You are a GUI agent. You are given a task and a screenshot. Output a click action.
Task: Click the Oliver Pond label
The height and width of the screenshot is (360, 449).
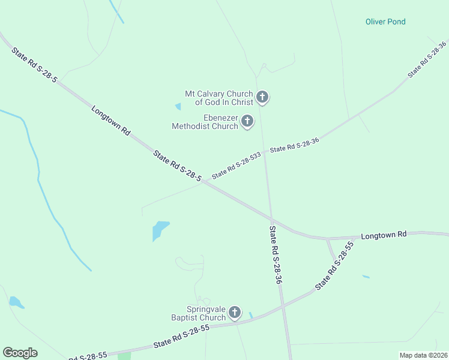pyautogui.click(x=385, y=22)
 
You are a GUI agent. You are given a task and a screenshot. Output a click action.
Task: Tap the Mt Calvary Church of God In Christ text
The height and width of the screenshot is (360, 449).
pyautogui.click(x=219, y=98)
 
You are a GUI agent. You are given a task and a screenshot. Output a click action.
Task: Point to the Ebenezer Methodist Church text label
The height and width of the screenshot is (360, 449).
pyautogui.click(x=205, y=122)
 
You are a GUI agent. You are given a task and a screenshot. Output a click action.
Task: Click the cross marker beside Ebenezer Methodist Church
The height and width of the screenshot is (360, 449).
pyautogui.click(x=247, y=121)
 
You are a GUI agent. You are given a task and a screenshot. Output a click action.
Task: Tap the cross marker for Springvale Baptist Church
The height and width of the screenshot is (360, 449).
pyautogui.click(x=235, y=312)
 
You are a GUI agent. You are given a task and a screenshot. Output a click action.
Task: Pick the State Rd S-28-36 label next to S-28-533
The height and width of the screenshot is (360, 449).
pyautogui.click(x=294, y=145)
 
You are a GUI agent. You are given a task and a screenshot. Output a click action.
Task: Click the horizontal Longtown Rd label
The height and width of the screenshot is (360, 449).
pyautogui.click(x=384, y=235)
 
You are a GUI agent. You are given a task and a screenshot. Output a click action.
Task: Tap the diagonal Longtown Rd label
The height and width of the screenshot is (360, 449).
pyautogui.click(x=111, y=120)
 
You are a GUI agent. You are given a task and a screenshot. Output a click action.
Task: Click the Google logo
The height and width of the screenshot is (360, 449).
pyautogui.click(x=20, y=353)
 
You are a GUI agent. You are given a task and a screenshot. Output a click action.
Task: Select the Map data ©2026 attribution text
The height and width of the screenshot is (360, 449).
pyautogui.click(x=423, y=355)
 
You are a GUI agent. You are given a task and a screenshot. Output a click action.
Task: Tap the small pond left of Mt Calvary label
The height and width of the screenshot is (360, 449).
pyautogui.click(x=178, y=107)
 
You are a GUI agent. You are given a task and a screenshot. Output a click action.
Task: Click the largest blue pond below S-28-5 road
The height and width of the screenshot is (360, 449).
pyautogui.click(x=160, y=229)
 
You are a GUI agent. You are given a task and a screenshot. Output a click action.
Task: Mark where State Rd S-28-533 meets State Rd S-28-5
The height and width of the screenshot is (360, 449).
pyautogui.click(x=202, y=182)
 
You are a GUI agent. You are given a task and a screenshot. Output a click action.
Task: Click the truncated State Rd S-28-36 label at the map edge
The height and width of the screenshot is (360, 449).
pyautogui.click(x=427, y=59)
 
